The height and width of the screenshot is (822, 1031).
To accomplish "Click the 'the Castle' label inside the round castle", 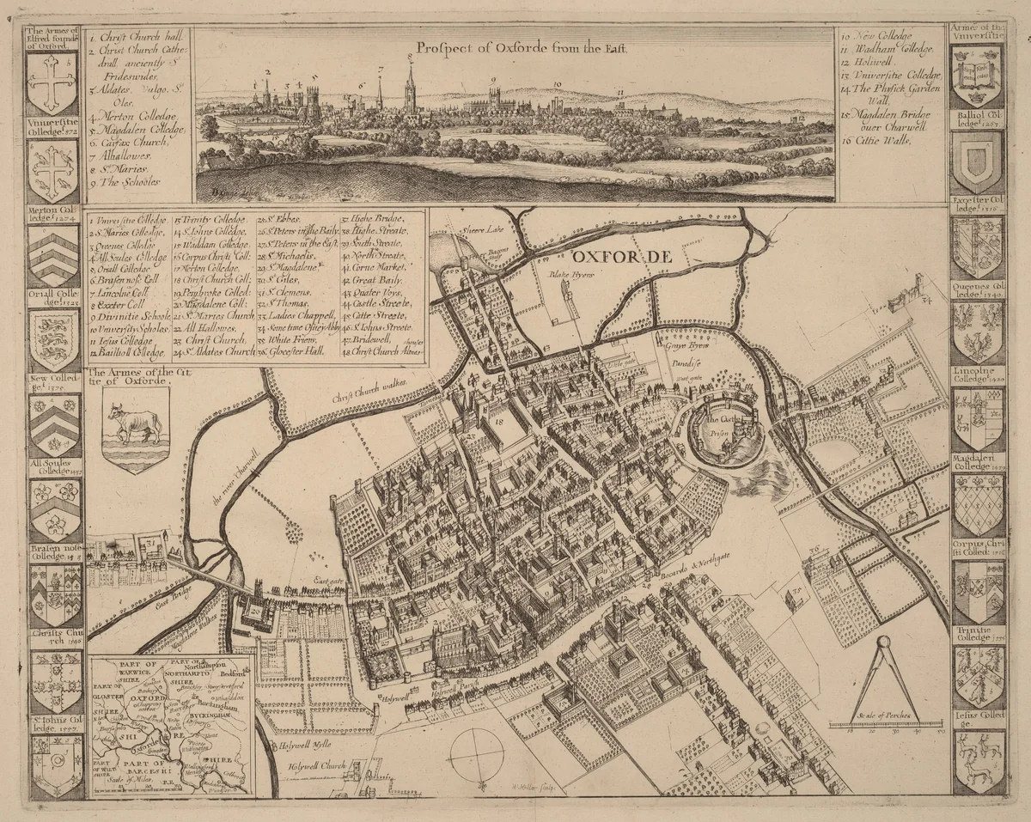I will click(x=721, y=421).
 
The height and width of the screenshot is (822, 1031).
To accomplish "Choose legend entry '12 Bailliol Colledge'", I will click(x=126, y=352).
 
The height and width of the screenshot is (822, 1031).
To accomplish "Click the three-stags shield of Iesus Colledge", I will click(x=979, y=761).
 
